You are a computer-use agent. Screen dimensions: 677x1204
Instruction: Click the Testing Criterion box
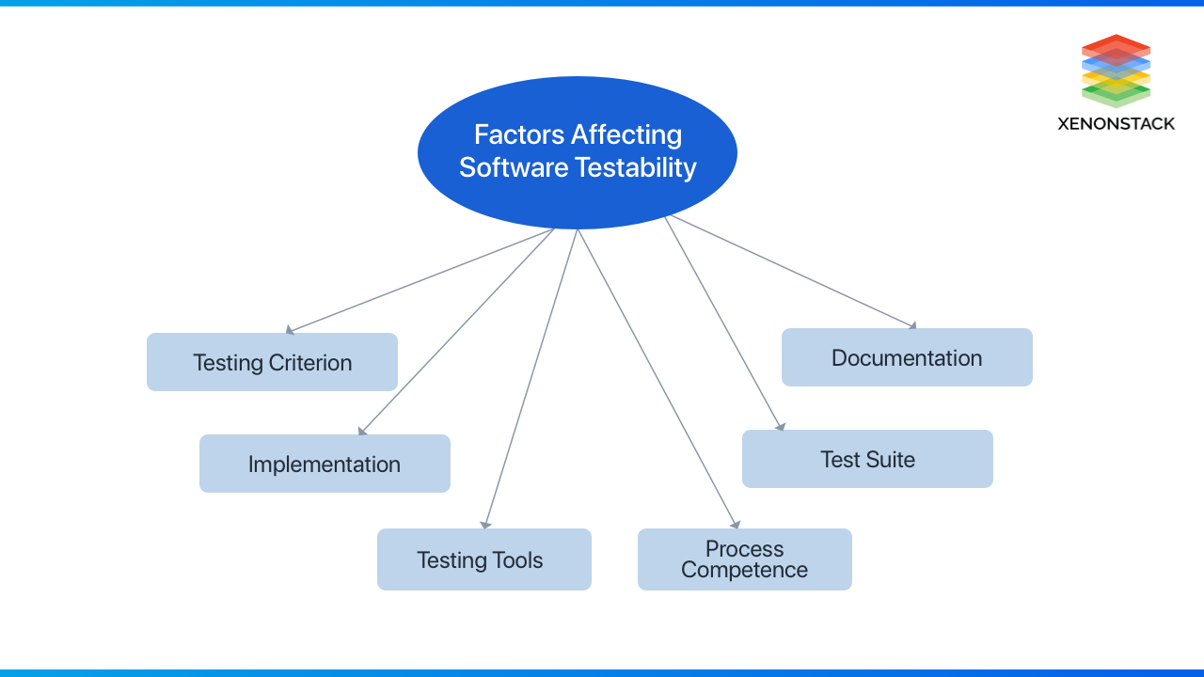pos(272,362)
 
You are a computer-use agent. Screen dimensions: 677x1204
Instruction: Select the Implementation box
pos(325,464)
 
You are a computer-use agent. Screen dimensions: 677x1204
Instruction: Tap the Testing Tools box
pos(483,559)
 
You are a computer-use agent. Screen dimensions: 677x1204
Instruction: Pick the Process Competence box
pos(744,559)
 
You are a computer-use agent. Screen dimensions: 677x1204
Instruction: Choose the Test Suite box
pos(867,459)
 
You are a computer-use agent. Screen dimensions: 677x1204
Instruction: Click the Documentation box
pos(907,357)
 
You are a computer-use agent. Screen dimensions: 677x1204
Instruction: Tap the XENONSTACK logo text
pos(1116,123)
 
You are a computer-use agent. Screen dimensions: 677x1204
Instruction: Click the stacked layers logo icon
pos(1116,71)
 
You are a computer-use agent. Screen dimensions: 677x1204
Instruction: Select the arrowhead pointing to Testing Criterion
pos(290,331)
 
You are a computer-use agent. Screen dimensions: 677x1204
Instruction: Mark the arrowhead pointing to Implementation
pos(362,432)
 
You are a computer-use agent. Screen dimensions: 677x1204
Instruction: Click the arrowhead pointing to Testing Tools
pos(485,525)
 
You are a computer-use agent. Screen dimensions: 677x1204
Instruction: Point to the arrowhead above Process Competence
pos(736,524)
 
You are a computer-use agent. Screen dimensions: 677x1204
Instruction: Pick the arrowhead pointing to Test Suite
pos(781,427)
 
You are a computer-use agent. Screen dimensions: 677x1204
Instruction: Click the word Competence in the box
pos(744,570)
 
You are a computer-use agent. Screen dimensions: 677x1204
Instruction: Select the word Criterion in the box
pos(310,362)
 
